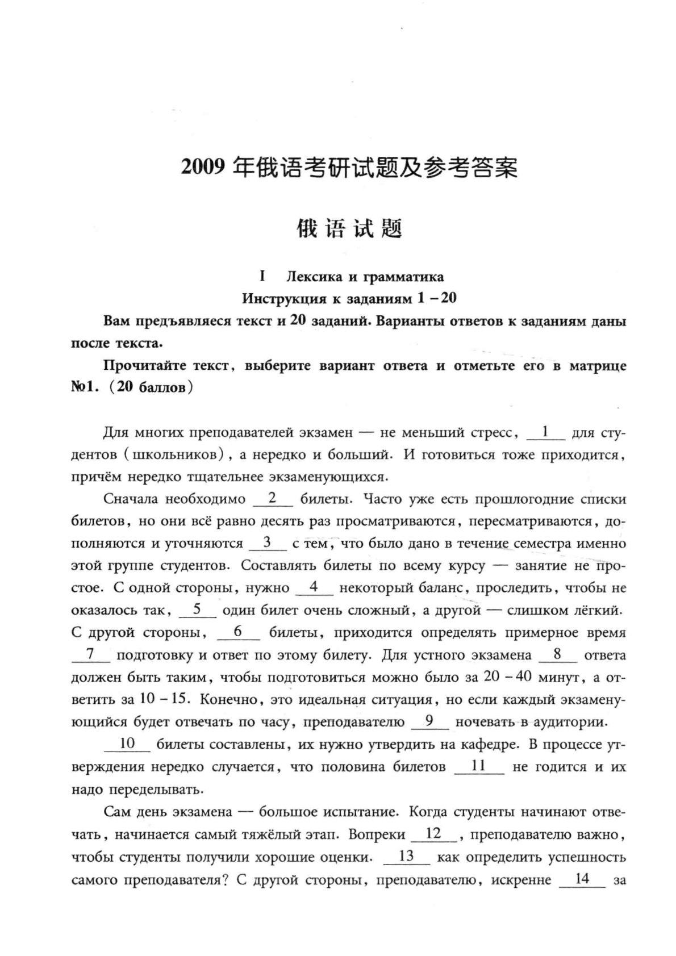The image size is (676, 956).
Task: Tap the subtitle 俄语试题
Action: click(350, 229)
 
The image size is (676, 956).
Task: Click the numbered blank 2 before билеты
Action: click(272, 499)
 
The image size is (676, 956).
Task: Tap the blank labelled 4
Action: click(314, 588)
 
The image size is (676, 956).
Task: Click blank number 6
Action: click(238, 632)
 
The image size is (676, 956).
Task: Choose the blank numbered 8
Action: click(557, 655)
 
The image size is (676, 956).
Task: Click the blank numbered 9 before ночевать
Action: click(429, 721)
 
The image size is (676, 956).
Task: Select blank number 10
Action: click(127, 744)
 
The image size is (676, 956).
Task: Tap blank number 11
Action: click(479, 766)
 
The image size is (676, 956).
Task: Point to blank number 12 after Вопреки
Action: click(433, 834)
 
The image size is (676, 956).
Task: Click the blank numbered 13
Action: click(407, 857)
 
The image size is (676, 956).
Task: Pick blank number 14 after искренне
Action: click(582, 879)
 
